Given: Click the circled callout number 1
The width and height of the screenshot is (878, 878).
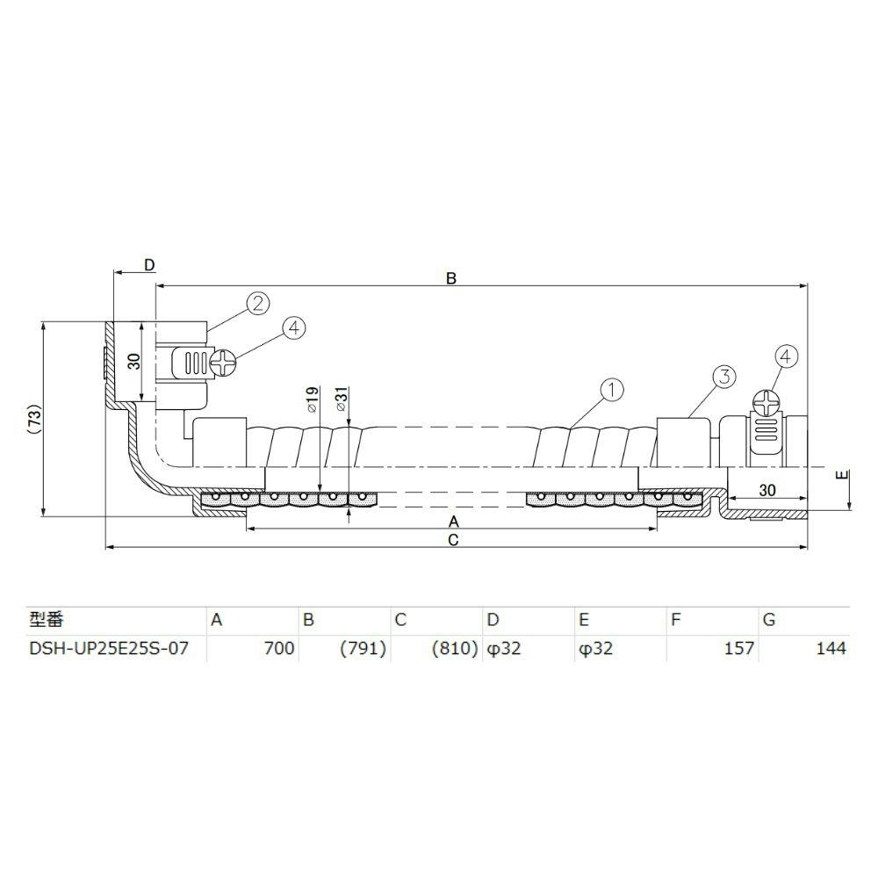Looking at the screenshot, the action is click(x=612, y=390).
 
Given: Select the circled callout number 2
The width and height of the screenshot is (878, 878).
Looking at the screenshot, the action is click(x=258, y=304).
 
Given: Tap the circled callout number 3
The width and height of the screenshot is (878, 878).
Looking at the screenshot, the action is click(x=724, y=377).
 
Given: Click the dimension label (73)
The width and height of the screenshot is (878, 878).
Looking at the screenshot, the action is click(x=36, y=419).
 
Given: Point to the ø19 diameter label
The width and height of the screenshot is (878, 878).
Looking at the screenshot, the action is click(x=313, y=399).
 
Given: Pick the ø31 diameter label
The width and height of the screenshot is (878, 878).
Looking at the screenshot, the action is click(x=342, y=399).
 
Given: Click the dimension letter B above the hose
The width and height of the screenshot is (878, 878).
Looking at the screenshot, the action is click(x=451, y=278).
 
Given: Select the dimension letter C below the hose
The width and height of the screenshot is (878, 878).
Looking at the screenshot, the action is click(x=454, y=540).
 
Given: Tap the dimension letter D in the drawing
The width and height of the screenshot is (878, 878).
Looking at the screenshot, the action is click(x=149, y=265).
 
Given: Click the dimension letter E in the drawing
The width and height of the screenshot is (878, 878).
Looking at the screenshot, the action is click(x=842, y=475).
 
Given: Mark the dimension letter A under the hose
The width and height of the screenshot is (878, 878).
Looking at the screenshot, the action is click(x=454, y=522).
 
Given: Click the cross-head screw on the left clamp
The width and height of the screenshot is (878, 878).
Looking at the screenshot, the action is click(x=223, y=363).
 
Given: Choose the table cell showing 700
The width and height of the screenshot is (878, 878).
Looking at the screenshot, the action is click(x=279, y=649).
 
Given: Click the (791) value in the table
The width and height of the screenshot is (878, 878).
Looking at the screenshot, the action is click(x=363, y=649).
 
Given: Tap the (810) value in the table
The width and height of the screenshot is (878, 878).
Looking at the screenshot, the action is click(x=455, y=649).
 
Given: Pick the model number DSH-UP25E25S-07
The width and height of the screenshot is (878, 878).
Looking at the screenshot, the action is click(x=109, y=649).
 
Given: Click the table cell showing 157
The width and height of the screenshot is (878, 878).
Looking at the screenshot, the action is click(x=739, y=649).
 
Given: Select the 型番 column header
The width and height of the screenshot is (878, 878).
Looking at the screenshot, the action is click(x=47, y=619).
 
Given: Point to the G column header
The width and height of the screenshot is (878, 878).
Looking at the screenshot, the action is click(x=769, y=619).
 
